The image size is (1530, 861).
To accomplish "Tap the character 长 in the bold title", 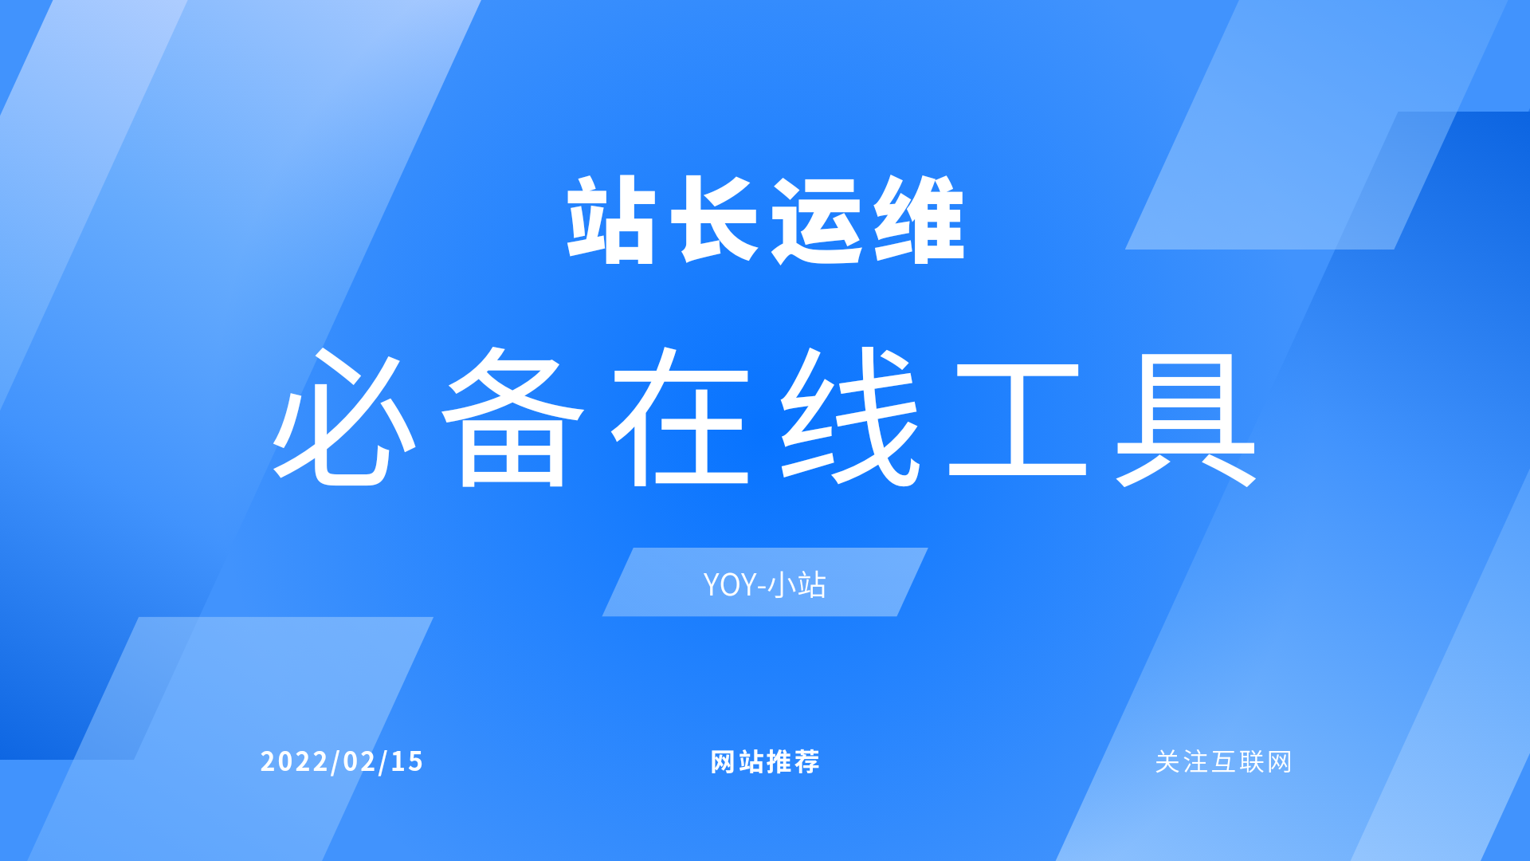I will point(714,220).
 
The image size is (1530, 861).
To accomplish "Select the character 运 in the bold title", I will point(818,220).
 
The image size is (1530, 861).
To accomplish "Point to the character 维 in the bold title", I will point(920,220).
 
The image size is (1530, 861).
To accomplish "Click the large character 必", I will point(344,418).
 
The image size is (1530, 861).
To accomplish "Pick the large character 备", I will point(513,418).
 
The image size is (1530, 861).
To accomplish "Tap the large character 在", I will point(682,418).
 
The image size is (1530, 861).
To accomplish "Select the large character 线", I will point(849,418).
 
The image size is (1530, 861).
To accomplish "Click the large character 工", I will point(1018,418).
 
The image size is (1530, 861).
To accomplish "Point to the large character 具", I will point(1186,418).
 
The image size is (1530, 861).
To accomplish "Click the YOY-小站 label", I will point(764,584).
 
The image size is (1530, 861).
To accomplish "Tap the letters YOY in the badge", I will point(729,585).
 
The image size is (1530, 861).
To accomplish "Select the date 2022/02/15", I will point(342,761).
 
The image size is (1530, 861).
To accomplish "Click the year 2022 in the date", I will point(294,761).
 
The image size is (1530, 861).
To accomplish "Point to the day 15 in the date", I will point(407,761).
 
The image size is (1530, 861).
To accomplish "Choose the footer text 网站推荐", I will point(765,762).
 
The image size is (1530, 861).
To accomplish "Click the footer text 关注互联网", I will point(1223,762).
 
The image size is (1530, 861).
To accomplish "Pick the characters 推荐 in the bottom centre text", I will point(793,762).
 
